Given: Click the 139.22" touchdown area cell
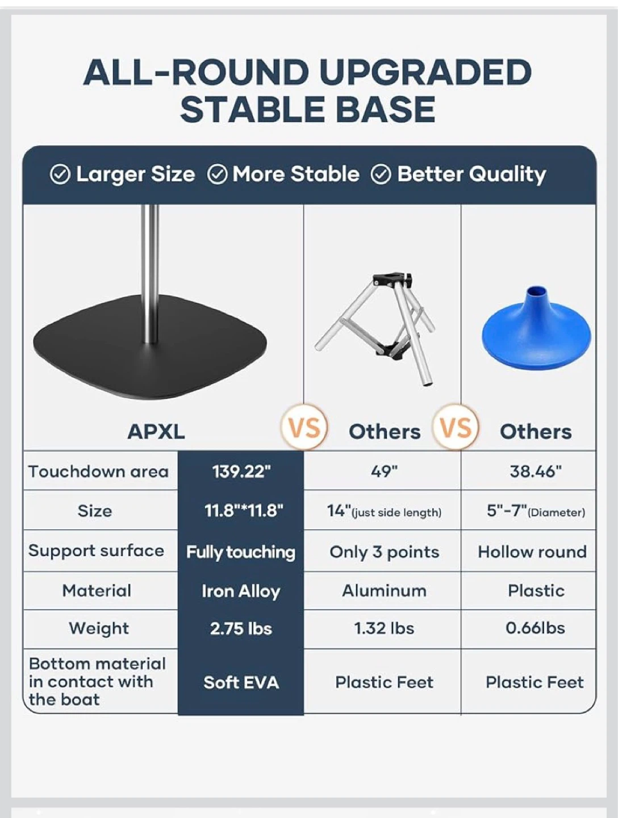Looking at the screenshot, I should tap(241, 471).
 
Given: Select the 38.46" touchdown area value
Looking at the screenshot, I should tap(536, 471).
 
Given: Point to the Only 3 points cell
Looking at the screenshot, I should tap(384, 552).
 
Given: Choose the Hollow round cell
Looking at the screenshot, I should tap(532, 552).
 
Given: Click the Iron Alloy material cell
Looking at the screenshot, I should tap(241, 591).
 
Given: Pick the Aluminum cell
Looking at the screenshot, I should tap(384, 591).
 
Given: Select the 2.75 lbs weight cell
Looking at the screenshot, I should tap(241, 629).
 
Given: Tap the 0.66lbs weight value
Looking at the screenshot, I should tap(535, 628).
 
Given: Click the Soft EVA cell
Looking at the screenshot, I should tap(241, 682).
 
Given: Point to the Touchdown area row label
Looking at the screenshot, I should tap(98, 471).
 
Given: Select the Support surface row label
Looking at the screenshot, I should tap(96, 550).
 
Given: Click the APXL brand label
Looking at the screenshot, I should tap(156, 432).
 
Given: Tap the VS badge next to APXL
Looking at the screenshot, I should tap(304, 427).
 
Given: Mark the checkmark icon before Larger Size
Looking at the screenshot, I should tap(60, 175).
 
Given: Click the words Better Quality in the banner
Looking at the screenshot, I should tap(471, 174).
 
